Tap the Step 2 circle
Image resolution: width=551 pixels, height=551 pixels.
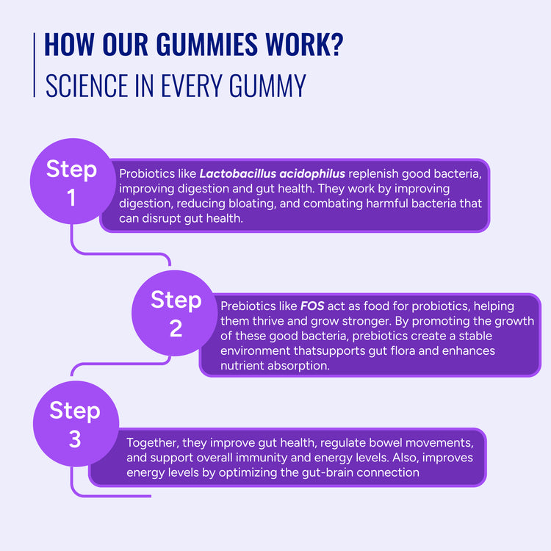(x=176, y=313)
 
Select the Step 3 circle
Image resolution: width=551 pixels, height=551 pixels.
(x=74, y=424)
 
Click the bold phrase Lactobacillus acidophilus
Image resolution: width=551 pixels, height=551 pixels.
(x=273, y=174)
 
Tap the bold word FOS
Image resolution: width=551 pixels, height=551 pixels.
(x=312, y=306)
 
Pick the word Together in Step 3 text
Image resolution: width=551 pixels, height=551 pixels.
(x=152, y=443)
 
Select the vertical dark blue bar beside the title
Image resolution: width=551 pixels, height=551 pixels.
(x=35, y=65)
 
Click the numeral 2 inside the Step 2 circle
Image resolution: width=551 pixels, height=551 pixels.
(x=176, y=328)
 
